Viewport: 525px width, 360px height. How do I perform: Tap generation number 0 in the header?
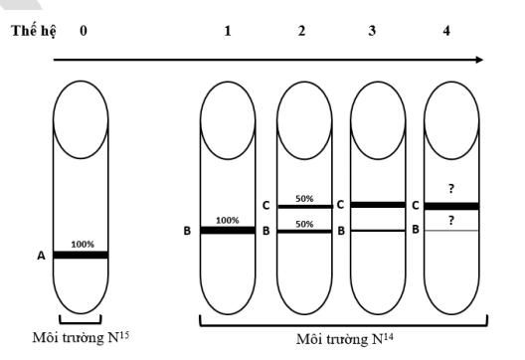pyautogui.click(x=84, y=31)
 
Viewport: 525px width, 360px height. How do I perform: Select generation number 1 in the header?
pyautogui.click(x=228, y=31)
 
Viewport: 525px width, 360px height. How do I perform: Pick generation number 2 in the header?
pyautogui.click(x=302, y=31)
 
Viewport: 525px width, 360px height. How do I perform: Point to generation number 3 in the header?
pyautogui.click(x=372, y=31)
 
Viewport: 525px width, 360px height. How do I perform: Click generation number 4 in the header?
pyautogui.click(x=446, y=31)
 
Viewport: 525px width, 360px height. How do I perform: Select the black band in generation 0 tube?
pyautogui.click(x=81, y=255)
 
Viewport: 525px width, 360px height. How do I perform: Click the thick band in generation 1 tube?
pyautogui.click(x=228, y=230)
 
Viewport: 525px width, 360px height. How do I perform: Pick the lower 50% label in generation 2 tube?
pyautogui.click(x=302, y=224)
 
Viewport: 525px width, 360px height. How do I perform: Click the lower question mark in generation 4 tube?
pyautogui.click(x=452, y=220)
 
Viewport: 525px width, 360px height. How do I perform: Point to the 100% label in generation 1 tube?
pyautogui.click(x=228, y=219)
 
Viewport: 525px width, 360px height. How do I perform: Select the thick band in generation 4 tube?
pyautogui.click(x=452, y=206)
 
